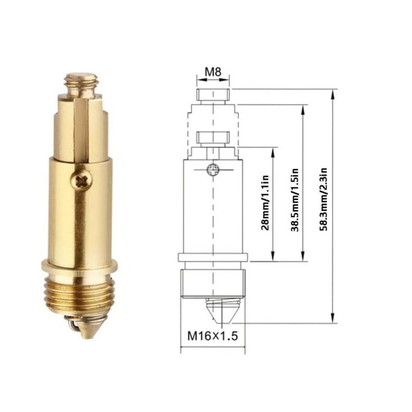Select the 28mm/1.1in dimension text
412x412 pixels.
[264, 204]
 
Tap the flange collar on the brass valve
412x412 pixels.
[80, 266]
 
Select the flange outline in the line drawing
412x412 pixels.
[213, 257]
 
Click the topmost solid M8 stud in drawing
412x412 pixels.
[213, 95]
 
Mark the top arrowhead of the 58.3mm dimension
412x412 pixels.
[333, 93]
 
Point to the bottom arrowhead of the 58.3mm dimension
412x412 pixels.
[333, 320]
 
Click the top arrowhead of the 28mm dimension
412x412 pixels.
[273, 151]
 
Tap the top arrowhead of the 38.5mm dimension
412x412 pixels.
[303, 109]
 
